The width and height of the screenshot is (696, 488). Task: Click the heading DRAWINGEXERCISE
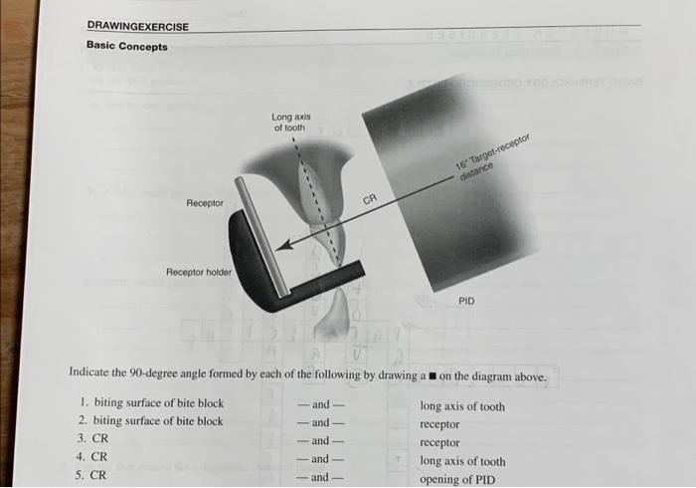coord(137,26)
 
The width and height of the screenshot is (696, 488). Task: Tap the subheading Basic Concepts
coord(127,46)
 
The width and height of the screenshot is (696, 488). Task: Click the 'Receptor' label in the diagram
coord(205,203)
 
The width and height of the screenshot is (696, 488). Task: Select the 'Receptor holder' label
coord(199,272)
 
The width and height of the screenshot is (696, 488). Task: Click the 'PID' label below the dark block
coord(466,301)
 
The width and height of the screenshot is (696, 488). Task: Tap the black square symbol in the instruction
coord(432,377)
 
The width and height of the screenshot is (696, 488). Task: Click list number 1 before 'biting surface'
coord(82,404)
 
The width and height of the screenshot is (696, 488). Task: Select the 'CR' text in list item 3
coord(99,439)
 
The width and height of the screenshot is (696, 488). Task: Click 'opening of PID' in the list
coord(460,479)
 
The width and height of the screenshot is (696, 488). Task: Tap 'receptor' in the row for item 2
coord(440,423)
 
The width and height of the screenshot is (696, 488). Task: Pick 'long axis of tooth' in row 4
coord(462,461)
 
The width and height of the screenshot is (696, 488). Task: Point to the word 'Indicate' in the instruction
coord(88,376)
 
